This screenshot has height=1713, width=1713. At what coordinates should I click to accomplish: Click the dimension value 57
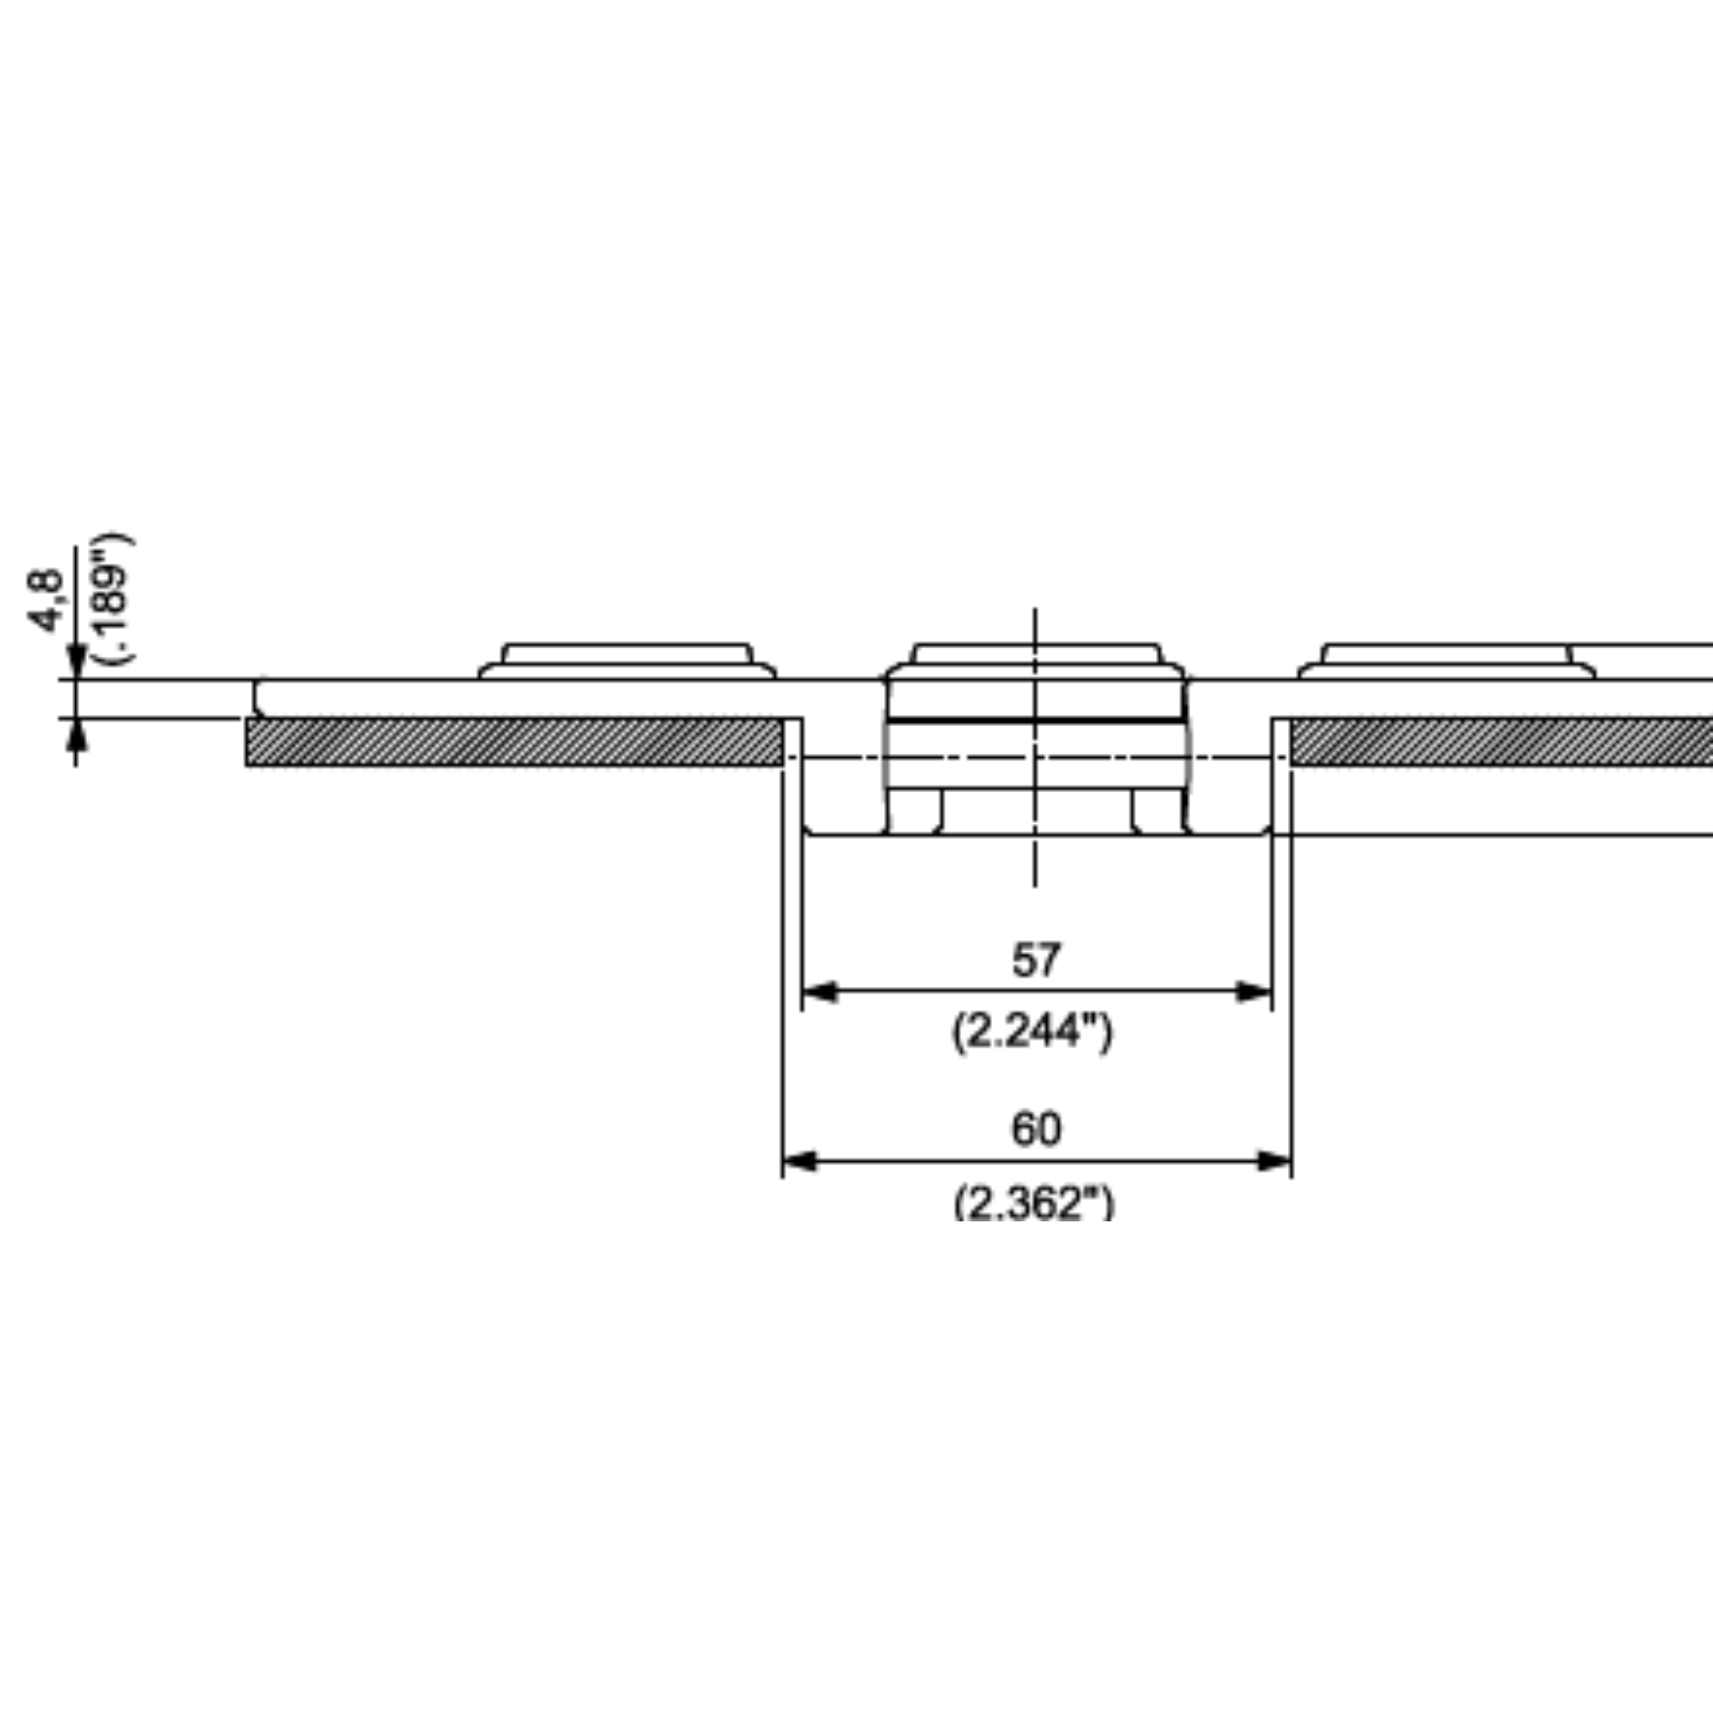1035,960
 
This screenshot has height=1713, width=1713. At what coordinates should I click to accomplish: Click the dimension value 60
1035,1129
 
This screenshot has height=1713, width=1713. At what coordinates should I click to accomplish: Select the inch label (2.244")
1032,1031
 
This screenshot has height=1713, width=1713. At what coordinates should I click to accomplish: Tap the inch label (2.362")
1034,1203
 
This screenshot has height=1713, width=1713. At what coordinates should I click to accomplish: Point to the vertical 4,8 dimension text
46,601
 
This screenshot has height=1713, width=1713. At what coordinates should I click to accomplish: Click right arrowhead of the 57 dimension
1254,992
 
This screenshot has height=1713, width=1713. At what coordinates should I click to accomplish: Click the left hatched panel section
514,742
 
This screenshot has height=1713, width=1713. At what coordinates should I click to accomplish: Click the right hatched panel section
1498,742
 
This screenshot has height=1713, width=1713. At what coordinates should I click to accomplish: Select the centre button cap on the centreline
1035,662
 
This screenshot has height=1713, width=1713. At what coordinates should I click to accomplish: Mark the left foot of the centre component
914,811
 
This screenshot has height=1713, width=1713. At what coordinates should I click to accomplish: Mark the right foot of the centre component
1158,811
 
